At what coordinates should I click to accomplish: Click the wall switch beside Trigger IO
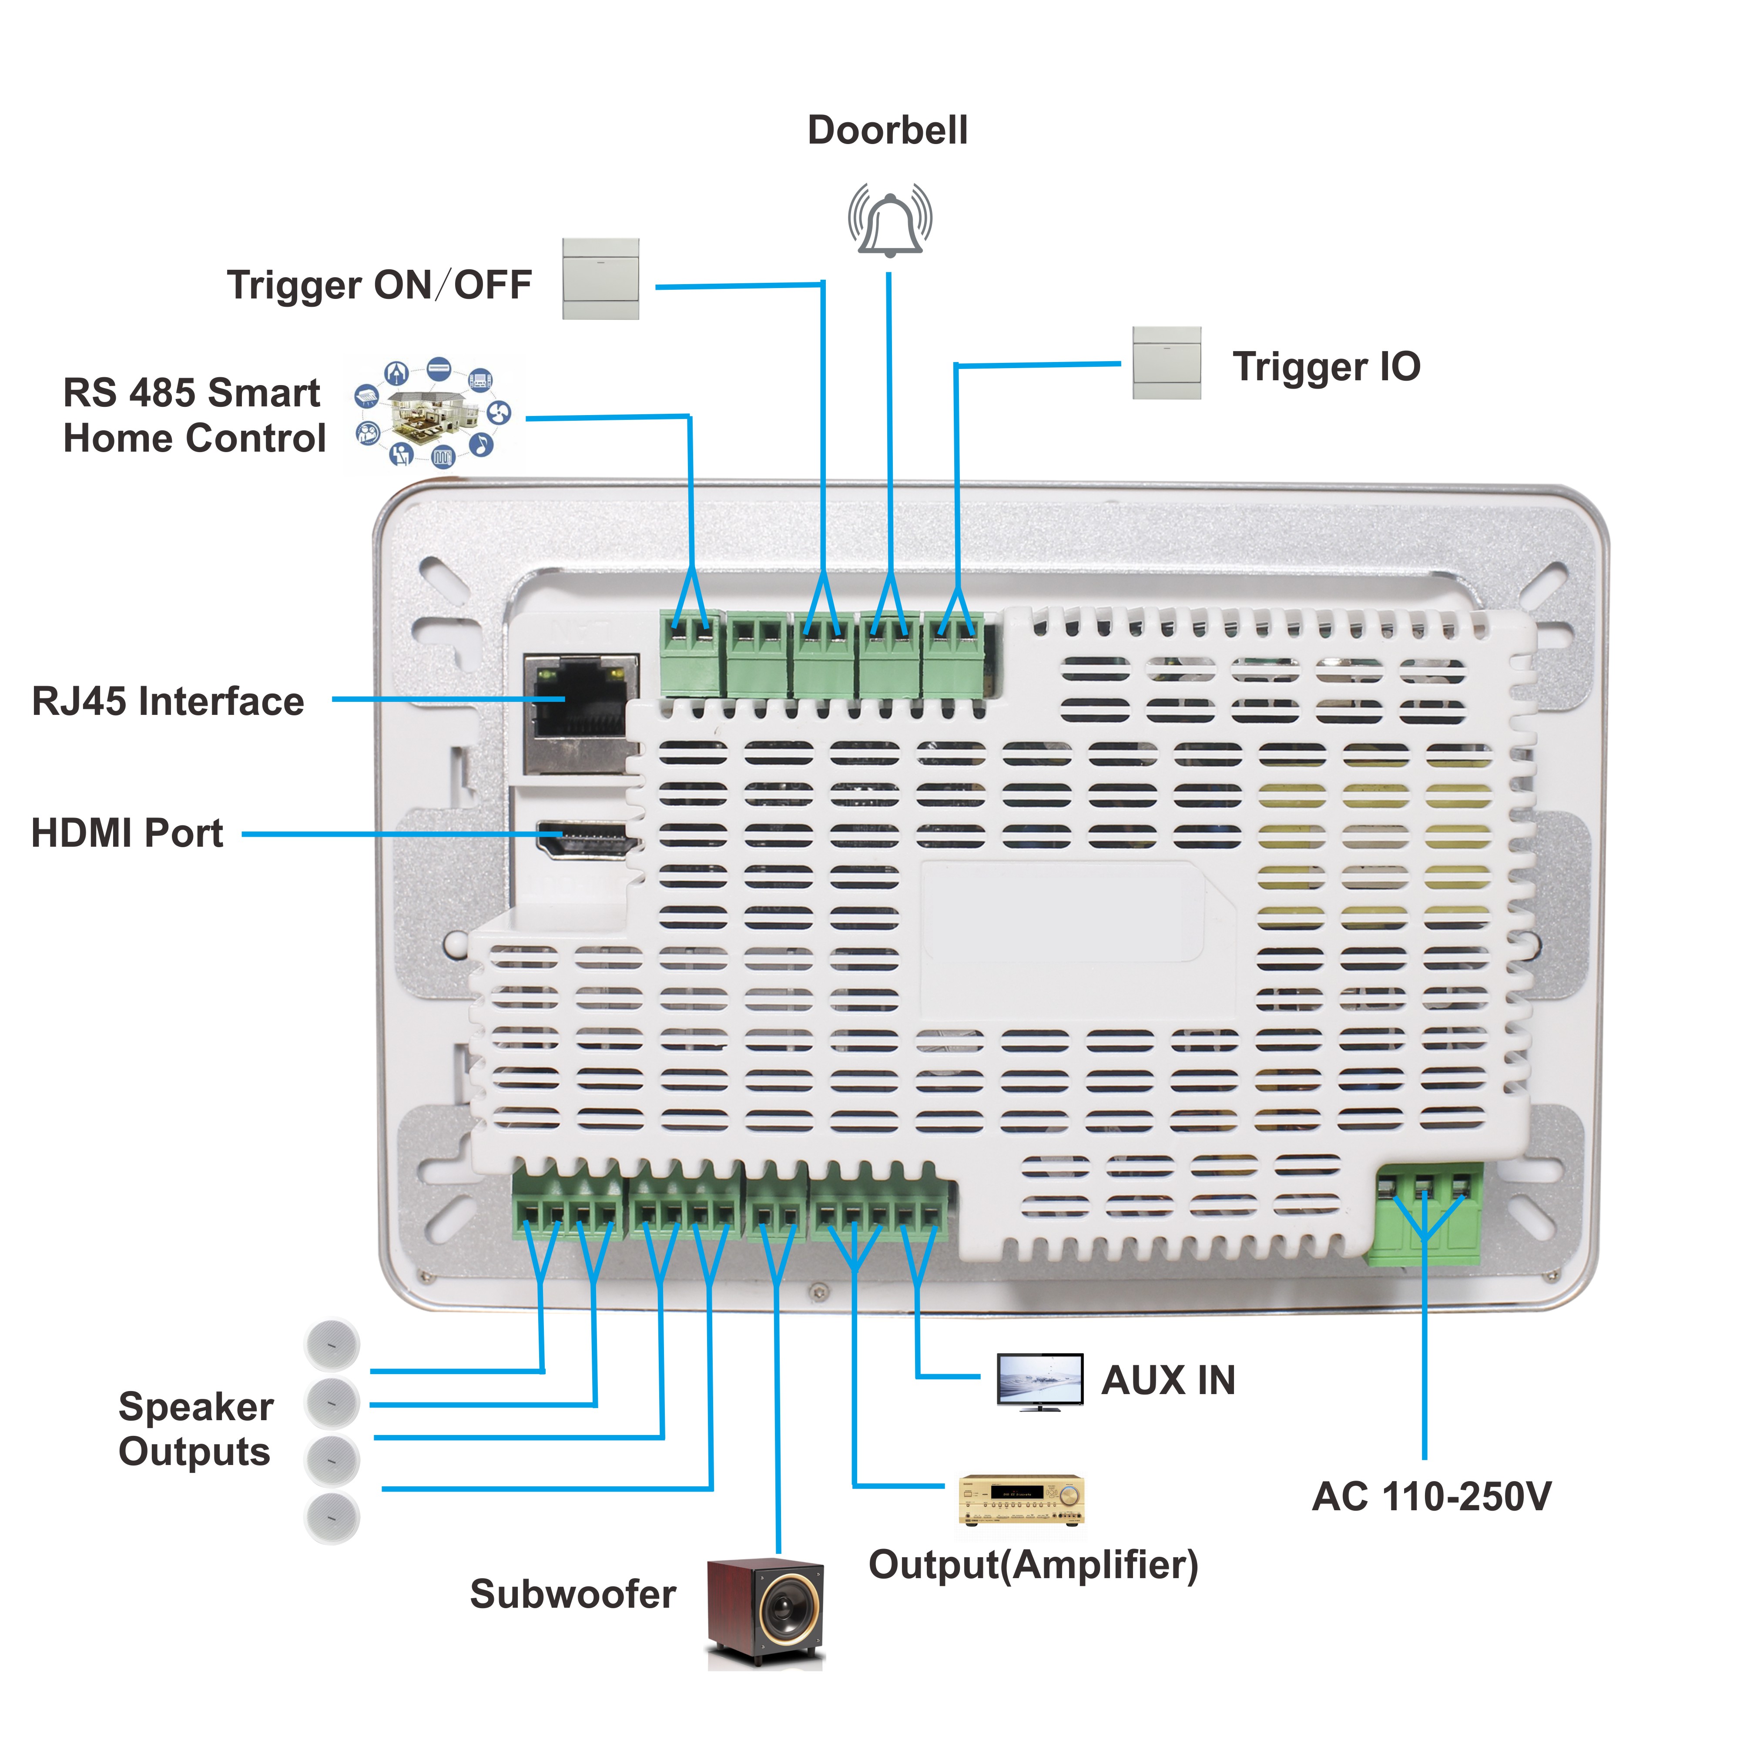(1166, 363)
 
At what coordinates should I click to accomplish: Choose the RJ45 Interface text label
(168, 701)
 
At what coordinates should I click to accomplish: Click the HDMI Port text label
(127, 833)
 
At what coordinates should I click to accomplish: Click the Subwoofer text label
(573, 1594)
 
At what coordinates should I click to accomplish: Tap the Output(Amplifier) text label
(1033, 1564)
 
